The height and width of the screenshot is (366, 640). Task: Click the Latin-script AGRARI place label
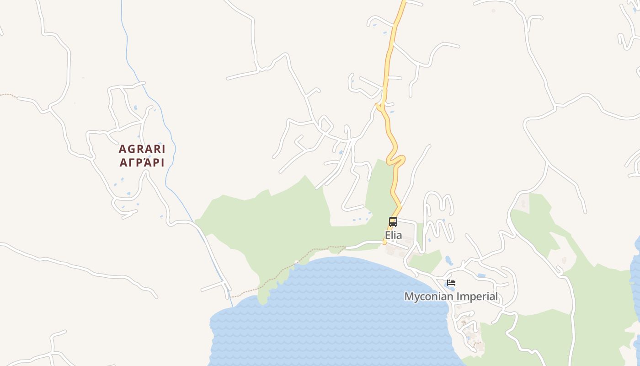click(x=142, y=149)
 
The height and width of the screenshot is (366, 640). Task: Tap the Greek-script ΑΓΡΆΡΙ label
click(x=142, y=162)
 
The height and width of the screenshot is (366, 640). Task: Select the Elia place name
click(x=393, y=235)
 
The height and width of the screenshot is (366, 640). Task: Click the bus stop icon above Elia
click(x=393, y=222)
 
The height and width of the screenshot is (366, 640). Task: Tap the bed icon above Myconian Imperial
click(x=451, y=283)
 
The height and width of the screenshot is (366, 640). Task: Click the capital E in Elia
click(x=388, y=235)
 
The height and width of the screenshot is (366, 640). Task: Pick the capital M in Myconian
click(x=409, y=296)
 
